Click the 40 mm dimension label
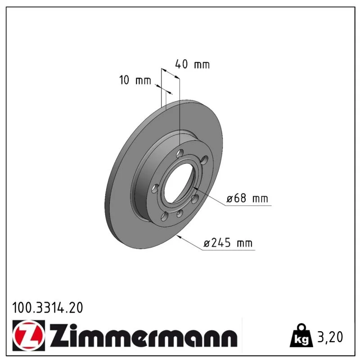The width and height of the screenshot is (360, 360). click(x=193, y=64)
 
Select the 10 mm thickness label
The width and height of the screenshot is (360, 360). click(x=135, y=80)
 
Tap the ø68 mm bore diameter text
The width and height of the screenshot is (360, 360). click(x=247, y=198)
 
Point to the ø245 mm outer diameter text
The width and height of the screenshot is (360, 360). click(x=228, y=243)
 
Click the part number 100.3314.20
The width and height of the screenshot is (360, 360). click(x=47, y=308)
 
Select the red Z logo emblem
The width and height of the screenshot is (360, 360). click(x=29, y=335)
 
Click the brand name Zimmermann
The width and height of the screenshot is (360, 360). click(x=144, y=335)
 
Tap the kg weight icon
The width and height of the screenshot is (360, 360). click(x=301, y=336)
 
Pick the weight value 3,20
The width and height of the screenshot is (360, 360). click(x=330, y=337)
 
